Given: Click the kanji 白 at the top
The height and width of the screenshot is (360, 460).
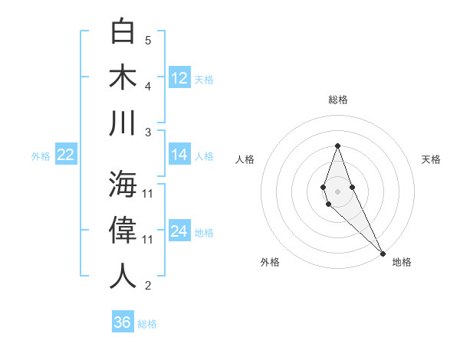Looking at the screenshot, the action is coord(123,33).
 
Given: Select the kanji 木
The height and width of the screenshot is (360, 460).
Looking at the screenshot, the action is coord(123,77).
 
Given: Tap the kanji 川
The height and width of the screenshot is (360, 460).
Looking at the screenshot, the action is coord(123,123).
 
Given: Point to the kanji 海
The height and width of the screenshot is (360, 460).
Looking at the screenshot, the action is coord(123,184).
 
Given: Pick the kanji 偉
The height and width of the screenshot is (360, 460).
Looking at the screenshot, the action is coord(123,231).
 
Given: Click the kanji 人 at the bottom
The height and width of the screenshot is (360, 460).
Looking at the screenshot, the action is coord(123,277).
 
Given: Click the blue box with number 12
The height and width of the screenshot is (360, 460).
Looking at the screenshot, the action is coord(179,77).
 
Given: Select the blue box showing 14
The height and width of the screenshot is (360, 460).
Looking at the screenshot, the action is coord(179,155).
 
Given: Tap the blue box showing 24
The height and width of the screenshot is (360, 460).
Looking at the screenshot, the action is coord(179,231).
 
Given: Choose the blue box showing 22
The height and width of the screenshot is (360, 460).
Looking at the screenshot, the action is coord(66,155).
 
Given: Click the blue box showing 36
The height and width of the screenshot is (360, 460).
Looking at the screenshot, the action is coord(123,322).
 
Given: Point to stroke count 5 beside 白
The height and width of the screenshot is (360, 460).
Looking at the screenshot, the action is coord(148,41).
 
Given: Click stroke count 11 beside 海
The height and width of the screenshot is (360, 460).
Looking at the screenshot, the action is coord(148,193).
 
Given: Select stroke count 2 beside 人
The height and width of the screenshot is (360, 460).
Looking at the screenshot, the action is coord(148,286).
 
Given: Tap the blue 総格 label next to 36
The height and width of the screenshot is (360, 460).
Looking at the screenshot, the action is coord(147,324).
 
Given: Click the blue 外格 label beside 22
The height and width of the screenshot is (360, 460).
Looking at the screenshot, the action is coord(41,156).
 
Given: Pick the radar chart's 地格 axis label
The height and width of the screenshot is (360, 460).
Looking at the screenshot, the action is coord(402,262).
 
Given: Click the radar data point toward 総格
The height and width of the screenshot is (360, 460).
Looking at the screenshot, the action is coord(337,146).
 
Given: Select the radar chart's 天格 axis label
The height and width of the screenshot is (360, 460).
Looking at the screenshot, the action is coord(431,159).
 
